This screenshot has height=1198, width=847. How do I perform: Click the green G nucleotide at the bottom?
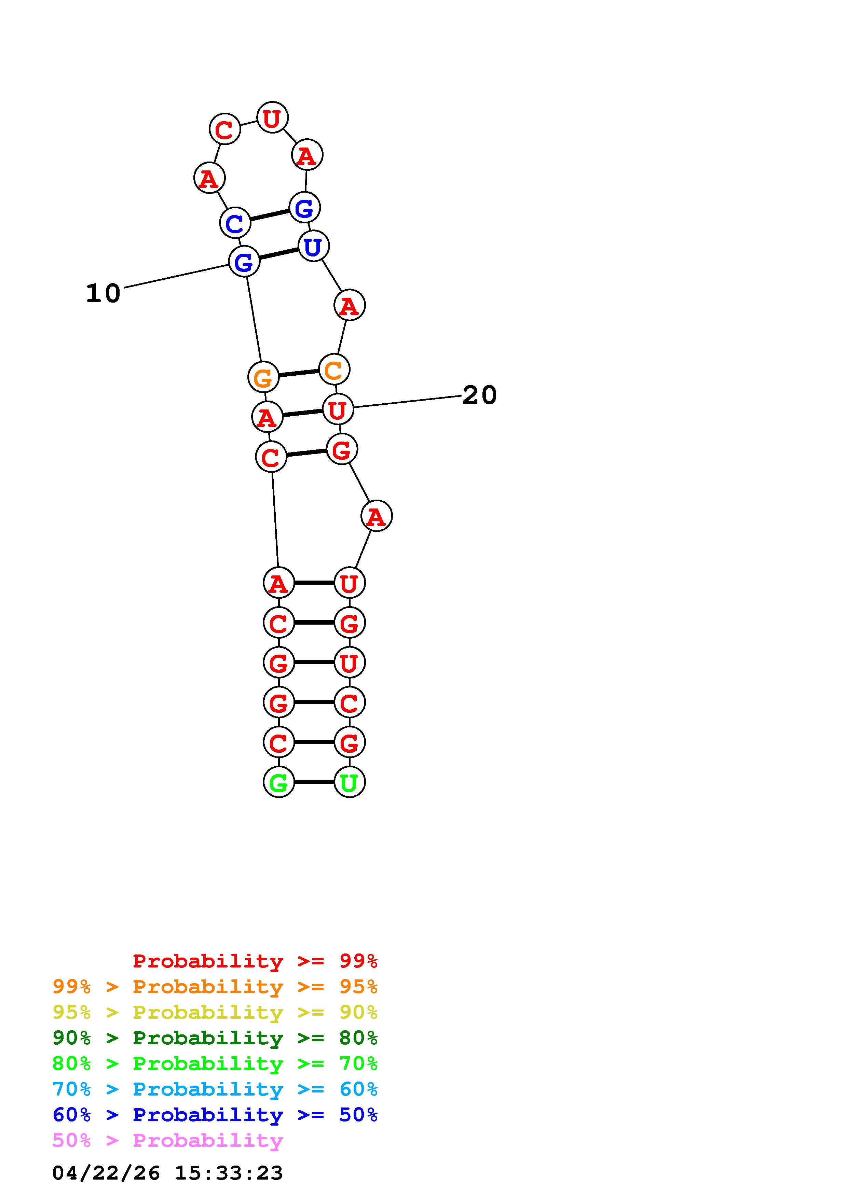click(x=279, y=782)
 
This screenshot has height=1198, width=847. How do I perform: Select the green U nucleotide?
click(x=349, y=782)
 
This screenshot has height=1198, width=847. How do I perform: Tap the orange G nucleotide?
click(x=263, y=377)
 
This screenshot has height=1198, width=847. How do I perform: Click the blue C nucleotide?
click(x=235, y=222)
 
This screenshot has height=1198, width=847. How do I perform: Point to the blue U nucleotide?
click(x=313, y=246)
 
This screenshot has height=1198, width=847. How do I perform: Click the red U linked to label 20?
click(x=338, y=409)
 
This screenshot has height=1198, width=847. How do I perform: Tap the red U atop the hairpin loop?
click(x=272, y=117)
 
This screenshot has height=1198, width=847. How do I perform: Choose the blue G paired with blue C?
click(x=304, y=207)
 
